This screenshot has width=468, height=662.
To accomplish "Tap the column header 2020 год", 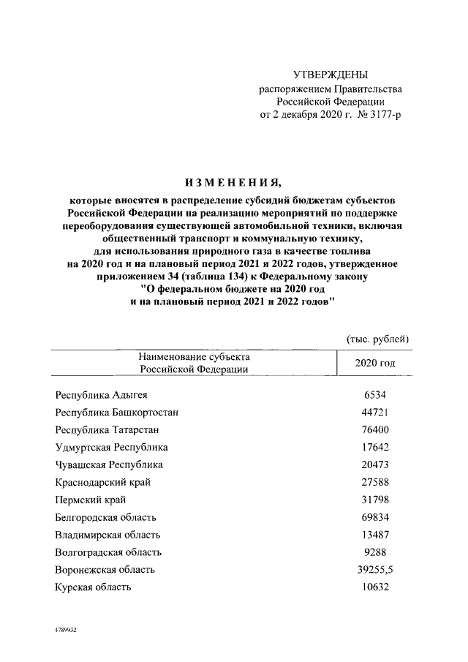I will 374,363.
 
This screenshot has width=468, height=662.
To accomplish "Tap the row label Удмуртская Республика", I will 112,448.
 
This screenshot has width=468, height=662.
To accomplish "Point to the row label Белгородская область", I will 109,518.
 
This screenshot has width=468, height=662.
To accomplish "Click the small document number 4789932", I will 64,630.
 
